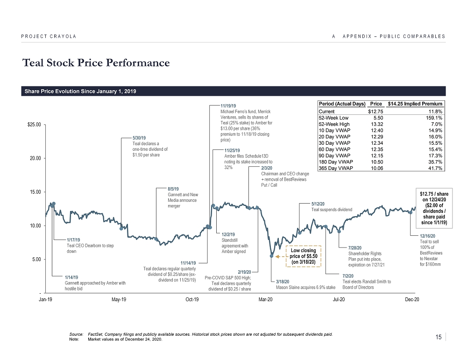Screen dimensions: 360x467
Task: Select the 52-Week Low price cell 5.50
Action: coord(377,118)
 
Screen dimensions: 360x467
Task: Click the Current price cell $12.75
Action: coord(375,111)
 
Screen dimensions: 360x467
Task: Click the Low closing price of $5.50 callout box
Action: coord(304,256)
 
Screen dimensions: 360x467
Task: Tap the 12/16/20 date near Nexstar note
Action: coord(427,236)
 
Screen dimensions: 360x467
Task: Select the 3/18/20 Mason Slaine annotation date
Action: coord(283,282)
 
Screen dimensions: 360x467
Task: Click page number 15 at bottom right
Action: coord(438,338)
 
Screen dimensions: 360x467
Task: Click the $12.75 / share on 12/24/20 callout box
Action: coord(432,208)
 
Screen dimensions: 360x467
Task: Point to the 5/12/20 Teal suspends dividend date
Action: coord(318,204)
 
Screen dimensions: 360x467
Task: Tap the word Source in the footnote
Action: coord(76,334)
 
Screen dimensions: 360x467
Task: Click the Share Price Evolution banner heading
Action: coord(80,91)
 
